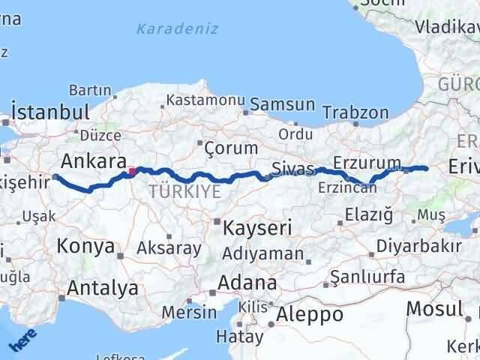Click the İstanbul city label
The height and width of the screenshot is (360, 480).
51,112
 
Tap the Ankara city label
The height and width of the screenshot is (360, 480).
92,160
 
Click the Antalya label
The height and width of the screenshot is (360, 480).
103,287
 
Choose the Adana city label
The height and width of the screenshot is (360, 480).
247,283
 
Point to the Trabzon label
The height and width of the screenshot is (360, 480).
355,114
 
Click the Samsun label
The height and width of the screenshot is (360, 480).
282,105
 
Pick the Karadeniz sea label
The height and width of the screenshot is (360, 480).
178,29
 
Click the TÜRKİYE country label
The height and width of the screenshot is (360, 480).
184,191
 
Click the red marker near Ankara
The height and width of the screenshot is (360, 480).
132,172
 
